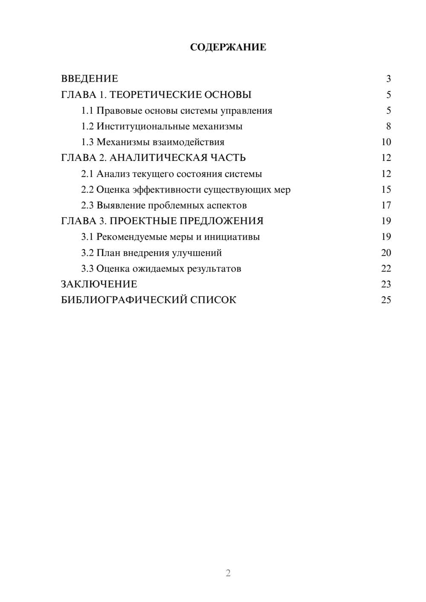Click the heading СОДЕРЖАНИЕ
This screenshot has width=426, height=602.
point(228,47)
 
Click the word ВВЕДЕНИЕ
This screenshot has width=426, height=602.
point(89,79)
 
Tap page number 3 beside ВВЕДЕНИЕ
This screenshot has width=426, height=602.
point(388,79)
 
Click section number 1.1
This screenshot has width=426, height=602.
point(87,111)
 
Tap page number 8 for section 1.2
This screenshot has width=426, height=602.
point(388,126)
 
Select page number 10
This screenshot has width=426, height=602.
point(386,142)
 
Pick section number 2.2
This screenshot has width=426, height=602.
point(87,189)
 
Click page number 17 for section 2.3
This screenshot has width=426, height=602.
point(386,205)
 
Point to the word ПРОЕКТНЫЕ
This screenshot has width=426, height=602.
point(144,221)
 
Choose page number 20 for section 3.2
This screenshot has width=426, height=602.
point(386,253)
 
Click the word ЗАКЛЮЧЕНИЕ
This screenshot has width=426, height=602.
point(99,284)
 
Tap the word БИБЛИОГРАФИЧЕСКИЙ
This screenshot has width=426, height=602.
point(124,300)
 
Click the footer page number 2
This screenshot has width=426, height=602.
point(228,573)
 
